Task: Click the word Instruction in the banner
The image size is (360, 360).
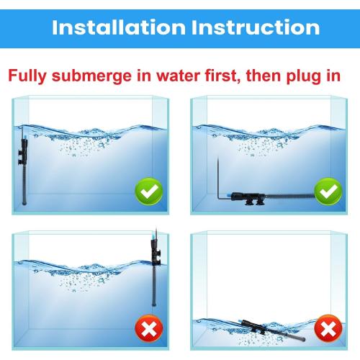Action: pyautogui.click(x=254, y=27)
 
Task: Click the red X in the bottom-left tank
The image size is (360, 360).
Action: pyautogui.click(x=149, y=330)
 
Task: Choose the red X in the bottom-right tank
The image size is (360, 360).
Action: pyautogui.click(x=329, y=330)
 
